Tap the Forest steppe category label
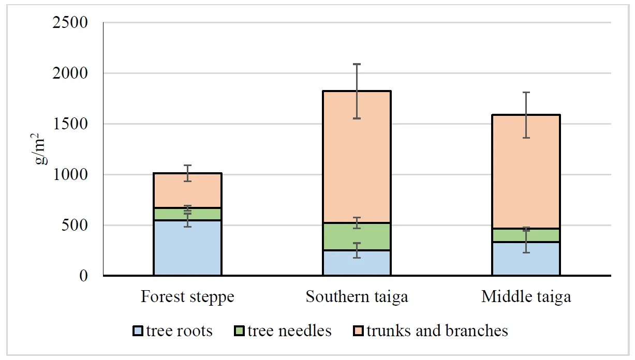click(x=187, y=297)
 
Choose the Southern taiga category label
click(x=357, y=297)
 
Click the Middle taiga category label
click(x=526, y=297)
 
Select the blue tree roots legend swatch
click(x=138, y=331)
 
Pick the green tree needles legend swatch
click(x=239, y=331)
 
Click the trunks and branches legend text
click(x=437, y=331)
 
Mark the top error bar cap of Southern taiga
click(x=357, y=64)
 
